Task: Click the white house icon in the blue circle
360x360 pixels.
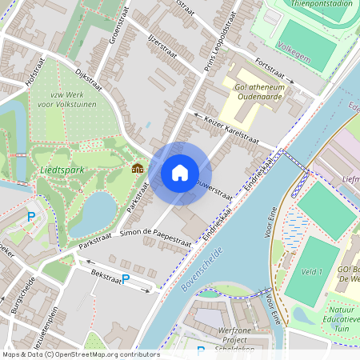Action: coord(180,172)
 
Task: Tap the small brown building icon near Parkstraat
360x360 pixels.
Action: coord(138,169)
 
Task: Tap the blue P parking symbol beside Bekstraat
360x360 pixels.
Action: coord(126,279)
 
